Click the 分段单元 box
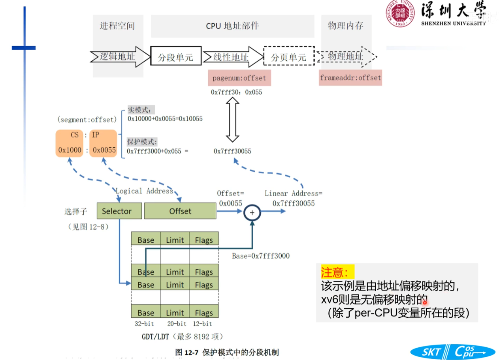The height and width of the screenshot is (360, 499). (175, 57)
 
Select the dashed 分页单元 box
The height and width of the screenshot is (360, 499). (288, 57)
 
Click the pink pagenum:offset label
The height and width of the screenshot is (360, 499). (239, 78)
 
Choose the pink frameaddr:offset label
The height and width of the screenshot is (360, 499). (350, 78)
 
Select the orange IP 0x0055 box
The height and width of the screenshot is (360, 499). (104, 143)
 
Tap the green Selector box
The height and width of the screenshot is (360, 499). (119, 211)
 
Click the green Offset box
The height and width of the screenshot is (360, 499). (180, 211)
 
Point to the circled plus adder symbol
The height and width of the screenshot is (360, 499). (252, 212)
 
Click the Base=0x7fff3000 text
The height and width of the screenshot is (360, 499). (260, 256)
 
